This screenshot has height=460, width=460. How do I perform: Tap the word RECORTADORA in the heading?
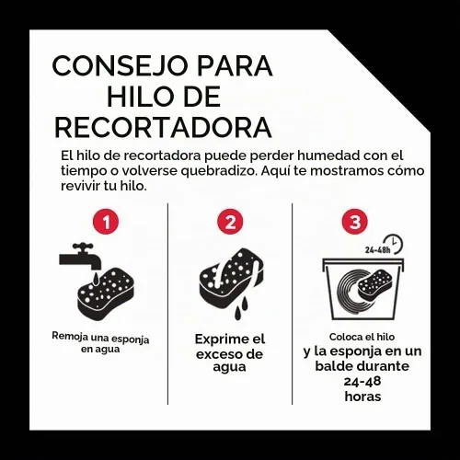click(x=163, y=127)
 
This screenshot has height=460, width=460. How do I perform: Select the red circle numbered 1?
click(x=106, y=222)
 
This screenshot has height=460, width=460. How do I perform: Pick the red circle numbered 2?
click(x=230, y=222)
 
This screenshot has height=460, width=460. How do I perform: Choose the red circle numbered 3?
click(x=355, y=222)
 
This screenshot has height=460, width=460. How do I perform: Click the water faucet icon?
click(x=80, y=256)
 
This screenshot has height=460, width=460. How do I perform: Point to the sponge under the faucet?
click(x=105, y=294)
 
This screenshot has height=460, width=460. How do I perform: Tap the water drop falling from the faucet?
click(x=96, y=278)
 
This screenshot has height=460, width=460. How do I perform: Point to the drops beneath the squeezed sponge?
click(x=241, y=307)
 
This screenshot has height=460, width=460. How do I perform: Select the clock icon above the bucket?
click(x=393, y=245)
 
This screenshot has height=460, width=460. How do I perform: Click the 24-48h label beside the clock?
click(x=377, y=250)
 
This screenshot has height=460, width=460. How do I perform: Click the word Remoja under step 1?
click(x=66, y=336)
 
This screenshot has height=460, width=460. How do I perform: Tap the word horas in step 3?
click(x=362, y=397)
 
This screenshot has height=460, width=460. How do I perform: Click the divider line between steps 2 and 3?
click(x=292, y=304)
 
